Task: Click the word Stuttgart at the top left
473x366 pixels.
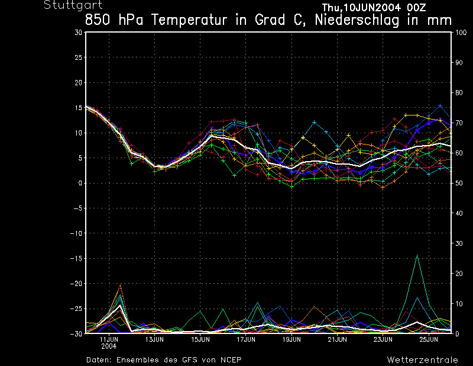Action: click(64, 5)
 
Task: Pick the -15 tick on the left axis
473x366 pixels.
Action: click(76, 258)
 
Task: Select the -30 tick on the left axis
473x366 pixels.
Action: click(76, 333)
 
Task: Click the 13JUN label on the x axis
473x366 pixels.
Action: click(154, 340)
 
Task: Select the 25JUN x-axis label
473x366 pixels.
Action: click(429, 340)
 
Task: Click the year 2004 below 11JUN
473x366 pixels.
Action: click(109, 346)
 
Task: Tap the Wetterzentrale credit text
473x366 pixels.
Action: click(422, 359)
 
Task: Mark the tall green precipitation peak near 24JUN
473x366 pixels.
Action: click(417, 256)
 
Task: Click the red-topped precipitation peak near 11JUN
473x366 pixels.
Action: click(120, 285)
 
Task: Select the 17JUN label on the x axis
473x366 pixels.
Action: click(246, 340)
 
